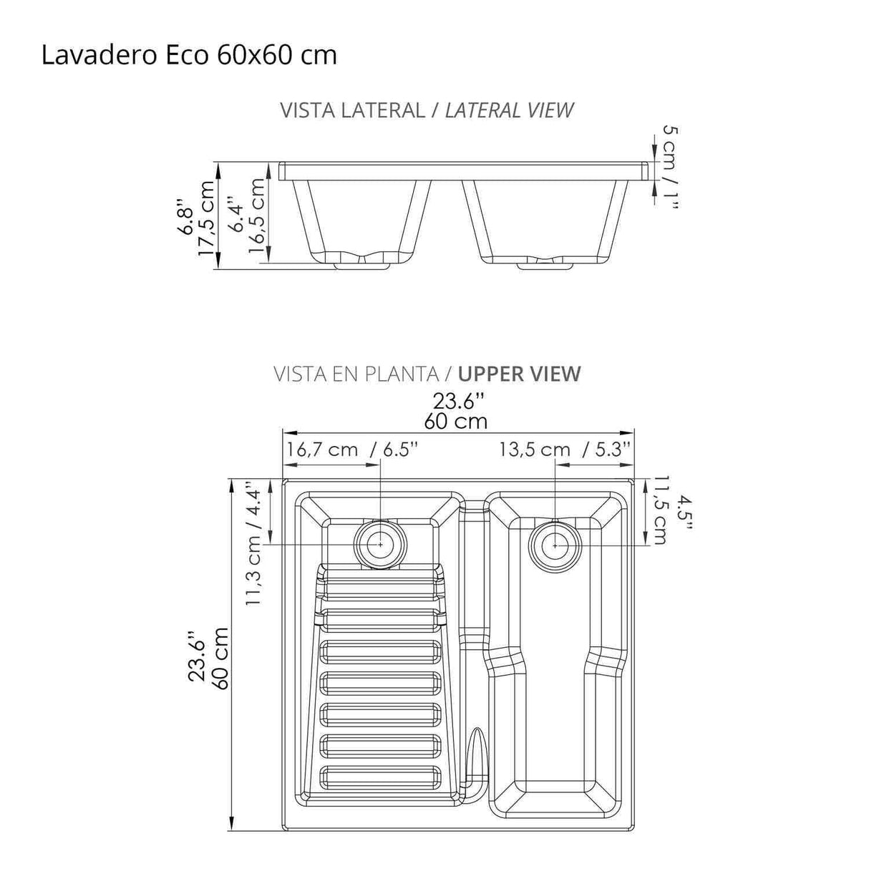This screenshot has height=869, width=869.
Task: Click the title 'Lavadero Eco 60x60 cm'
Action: (189, 55)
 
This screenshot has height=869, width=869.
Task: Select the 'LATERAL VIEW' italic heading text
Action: (509, 110)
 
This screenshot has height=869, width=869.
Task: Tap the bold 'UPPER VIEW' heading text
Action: (519, 374)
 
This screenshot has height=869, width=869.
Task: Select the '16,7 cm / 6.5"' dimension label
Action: (351, 450)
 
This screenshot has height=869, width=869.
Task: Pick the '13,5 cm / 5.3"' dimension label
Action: (565, 450)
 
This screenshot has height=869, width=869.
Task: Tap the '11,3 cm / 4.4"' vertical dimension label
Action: (255, 543)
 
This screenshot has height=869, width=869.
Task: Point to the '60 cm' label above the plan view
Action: (456, 421)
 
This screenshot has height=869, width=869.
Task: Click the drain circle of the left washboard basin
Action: (380, 545)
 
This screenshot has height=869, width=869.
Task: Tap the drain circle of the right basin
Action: (555, 545)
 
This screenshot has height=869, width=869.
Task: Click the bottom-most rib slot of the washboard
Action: (380, 777)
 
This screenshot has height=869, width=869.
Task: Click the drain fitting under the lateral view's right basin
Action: (546, 266)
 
